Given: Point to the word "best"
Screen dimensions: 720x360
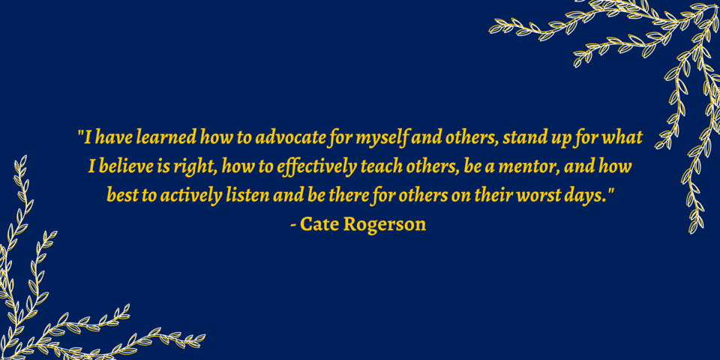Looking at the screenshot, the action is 120,195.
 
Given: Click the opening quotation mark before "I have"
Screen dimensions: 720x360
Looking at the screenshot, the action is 81,133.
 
